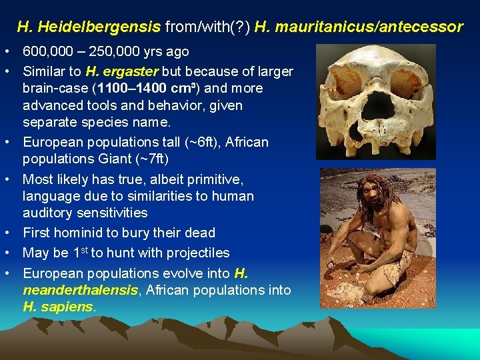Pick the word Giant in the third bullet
(140, 159)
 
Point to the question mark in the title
(243, 27)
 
